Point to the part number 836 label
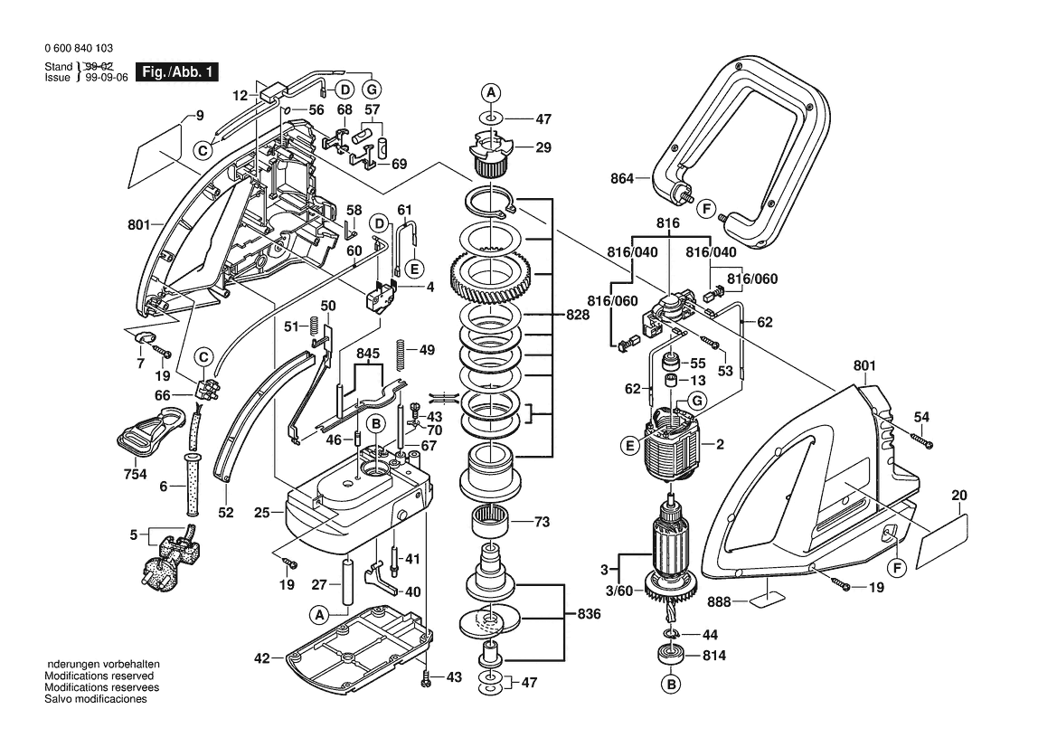click(588, 615)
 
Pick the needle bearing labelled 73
click(489, 523)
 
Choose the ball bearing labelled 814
click(671, 656)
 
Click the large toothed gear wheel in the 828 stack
click(489, 272)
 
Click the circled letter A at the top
click(490, 92)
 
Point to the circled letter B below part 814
click(671, 686)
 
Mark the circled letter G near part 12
click(371, 89)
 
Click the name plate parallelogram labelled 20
click(942, 540)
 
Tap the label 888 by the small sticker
click(719, 600)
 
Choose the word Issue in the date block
click(57, 78)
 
